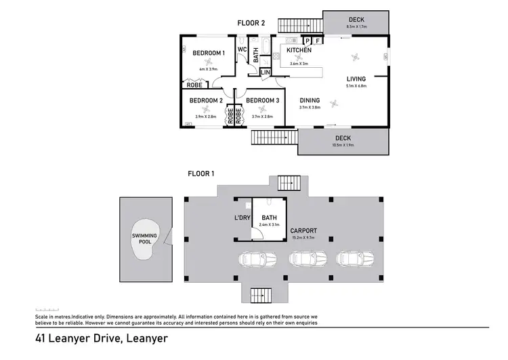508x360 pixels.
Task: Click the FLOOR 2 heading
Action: pos(252,23)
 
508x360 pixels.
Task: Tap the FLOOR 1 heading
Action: pos(200,174)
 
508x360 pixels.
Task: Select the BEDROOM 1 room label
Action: pos(208,54)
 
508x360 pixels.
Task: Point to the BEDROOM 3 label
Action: pos(262,101)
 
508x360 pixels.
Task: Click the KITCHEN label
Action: pos(299,51)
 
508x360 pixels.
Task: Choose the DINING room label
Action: pos(310,100)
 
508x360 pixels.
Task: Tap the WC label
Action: pos(242,49)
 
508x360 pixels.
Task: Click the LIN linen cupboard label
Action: pos(265,72)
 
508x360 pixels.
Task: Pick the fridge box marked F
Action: pos(317,41)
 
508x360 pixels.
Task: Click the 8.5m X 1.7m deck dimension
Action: pos(356,27)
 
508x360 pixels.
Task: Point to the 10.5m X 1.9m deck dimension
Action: pos(344,144)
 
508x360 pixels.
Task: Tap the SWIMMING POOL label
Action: pos(144,237)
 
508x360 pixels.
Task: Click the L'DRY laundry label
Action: pos(242,218)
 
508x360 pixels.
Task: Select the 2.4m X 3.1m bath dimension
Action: pos(269,224)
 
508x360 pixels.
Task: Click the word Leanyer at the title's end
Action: pos(143,338)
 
